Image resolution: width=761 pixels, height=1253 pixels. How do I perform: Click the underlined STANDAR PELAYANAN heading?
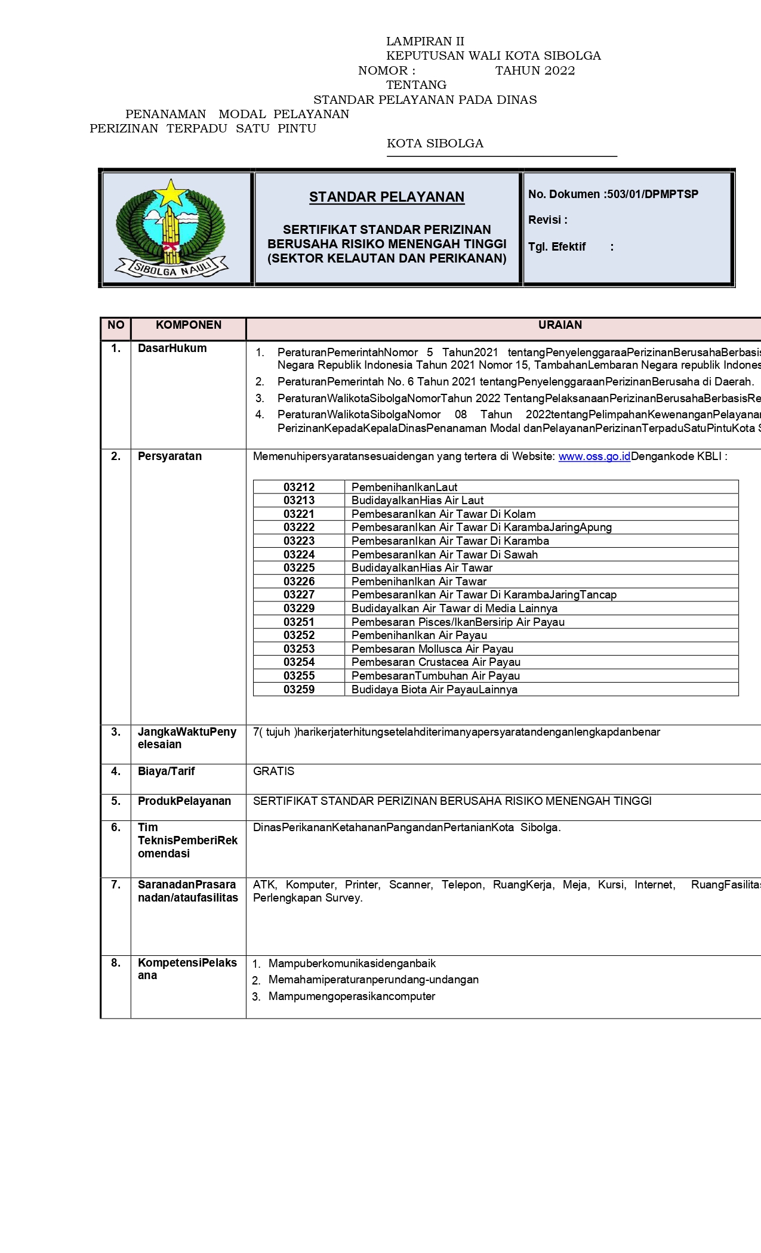[x=387, y=197]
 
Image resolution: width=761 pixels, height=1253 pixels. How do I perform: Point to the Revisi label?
[x=547, y=220]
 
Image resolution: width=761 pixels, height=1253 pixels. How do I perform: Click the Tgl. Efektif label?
[x=557, y=247]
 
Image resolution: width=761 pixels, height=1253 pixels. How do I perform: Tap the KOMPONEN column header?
[x=189, y=325]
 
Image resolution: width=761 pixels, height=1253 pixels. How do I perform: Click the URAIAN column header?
[x=560, y=325]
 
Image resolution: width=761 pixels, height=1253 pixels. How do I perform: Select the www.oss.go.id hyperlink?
[x=594, y=456]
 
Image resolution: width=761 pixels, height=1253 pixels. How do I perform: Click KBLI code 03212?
[x=299, y=487]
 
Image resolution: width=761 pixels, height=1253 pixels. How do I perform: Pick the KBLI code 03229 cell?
[x=299, y=609]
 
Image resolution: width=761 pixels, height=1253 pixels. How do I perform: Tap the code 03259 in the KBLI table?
[x=299, y=690]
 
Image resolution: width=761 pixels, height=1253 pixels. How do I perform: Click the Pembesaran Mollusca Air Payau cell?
[x=433, y=649]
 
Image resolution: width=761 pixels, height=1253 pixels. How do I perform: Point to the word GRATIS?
[x=274, y=771]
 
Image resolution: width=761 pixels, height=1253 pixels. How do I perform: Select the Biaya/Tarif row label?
[x=167, y=771]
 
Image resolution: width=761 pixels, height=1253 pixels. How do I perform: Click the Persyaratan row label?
[x=170, y=456]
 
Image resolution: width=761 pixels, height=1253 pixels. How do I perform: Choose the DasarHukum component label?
[x=172, y=348]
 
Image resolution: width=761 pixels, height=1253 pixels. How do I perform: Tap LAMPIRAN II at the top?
[x=425, y=41]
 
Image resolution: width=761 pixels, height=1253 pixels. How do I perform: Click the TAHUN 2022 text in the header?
[x=535, y=70]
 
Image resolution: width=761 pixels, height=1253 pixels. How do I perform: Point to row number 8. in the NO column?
[x=116, y=962]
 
